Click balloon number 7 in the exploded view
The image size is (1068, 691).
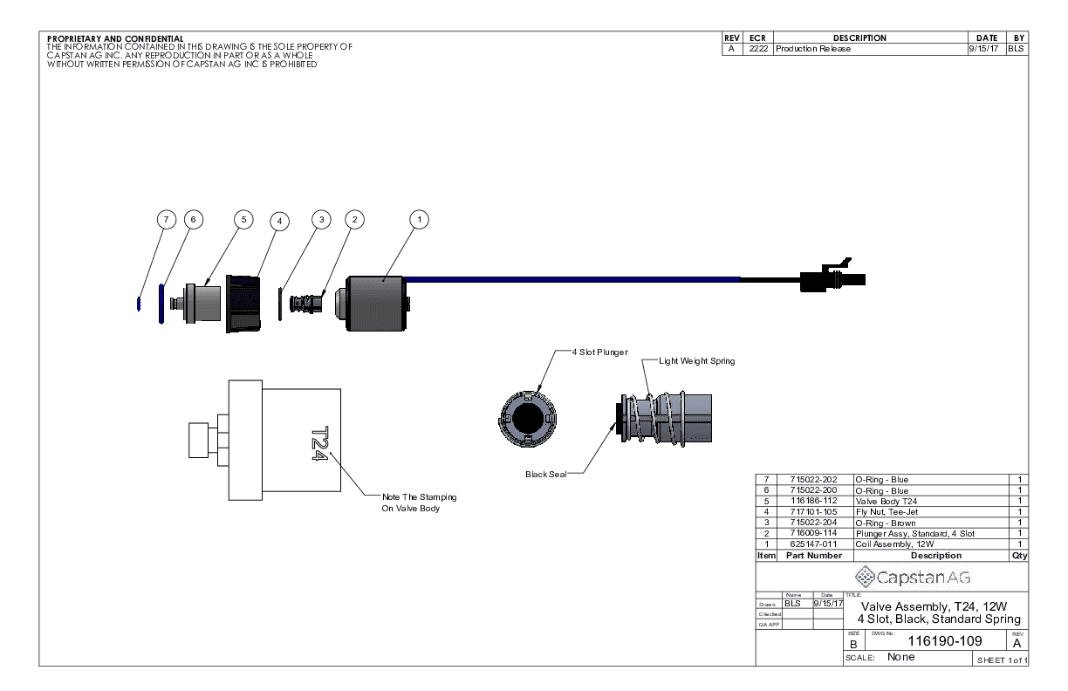coord(166,220)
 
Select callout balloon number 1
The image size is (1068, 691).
coord(420,220)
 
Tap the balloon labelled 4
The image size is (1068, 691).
coord(278,221)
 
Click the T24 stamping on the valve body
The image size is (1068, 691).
coord(319,445)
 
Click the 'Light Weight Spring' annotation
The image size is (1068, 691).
coord(696,360)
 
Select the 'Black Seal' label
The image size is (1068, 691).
coord(545,475)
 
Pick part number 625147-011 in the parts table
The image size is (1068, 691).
coord(812,544)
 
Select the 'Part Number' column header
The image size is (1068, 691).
coord(812,555)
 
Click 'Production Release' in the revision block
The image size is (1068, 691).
coord(812,49)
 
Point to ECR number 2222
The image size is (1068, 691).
coord(756,49)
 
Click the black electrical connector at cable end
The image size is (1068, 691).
coord(829,278)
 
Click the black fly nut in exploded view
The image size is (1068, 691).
coord(244,304)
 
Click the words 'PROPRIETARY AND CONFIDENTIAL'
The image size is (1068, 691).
coord(115,38)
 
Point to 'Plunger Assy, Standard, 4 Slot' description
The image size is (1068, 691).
coord(914,533)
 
